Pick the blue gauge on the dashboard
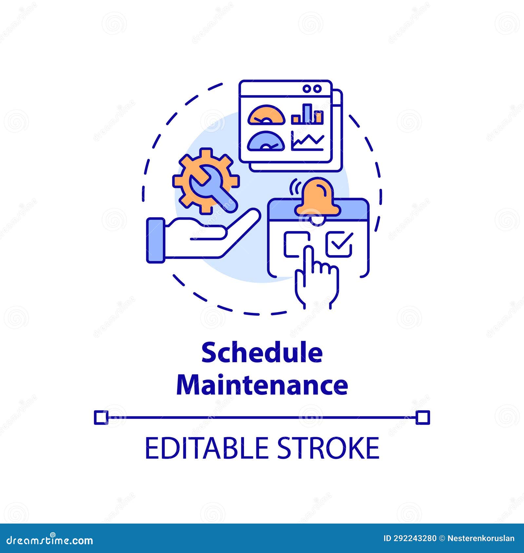tap(266, 141)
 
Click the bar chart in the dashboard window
tap(308, 115)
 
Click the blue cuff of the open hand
tap(156, 240)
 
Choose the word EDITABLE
tap(206, 448)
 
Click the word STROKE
tap(328, 448)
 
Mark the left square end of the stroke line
tap(101, 418)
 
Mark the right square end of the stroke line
tap(422, 418)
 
